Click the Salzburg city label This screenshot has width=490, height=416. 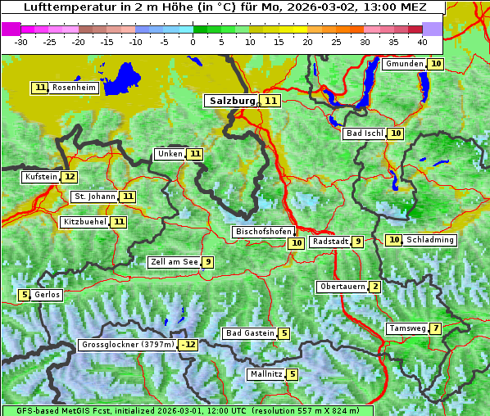click(x=230, y=101)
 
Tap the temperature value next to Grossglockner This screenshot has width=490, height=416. click(x=189, y=345)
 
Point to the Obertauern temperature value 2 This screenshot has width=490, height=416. click(x=374, y=287)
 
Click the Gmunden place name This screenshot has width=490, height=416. click(x=404, y=64)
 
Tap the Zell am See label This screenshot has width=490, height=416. click(x=174, y=262)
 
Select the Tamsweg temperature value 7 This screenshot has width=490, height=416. click(x=436, y=328)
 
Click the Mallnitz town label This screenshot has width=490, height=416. click(x=265, y=374)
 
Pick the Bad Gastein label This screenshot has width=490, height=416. click(x=250, y=333)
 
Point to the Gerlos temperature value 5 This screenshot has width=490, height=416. click(x=25, y=295)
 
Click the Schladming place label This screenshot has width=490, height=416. click(x=430, y=240)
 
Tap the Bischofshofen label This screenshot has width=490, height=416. click(x=262, y=232)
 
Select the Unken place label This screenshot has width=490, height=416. click(x=170, y=154)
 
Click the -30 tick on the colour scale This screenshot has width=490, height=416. click(x=21, y=42)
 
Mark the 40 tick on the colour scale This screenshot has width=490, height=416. click(x=421, y=42)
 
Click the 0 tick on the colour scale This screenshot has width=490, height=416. click(x=193, y=42)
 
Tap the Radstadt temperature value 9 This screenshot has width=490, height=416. click(x=358, y=242)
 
